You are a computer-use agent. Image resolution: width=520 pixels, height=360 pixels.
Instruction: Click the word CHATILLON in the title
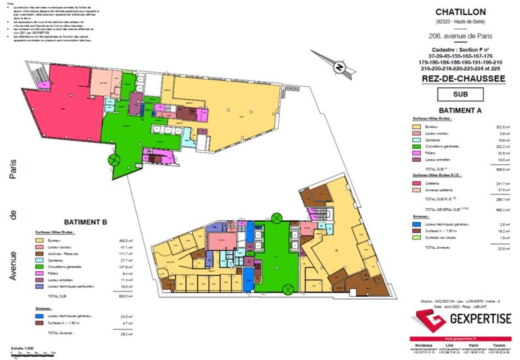tap(460, 12)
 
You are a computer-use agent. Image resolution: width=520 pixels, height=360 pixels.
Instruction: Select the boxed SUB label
tap(460, 94)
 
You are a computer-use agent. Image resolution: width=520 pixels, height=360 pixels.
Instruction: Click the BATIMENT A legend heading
tap(460, 110)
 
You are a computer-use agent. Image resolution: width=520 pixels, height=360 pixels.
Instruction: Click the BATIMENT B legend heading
tap(85, 222)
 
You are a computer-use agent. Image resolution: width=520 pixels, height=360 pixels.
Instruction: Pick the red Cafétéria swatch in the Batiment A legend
tap(416, 183)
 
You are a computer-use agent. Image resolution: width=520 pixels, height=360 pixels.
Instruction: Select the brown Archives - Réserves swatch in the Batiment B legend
tap(39, 254)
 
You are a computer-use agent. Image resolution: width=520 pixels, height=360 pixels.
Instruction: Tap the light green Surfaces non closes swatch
tap(416, 237)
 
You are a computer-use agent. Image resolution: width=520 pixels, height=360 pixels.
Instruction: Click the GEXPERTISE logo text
tap(480, 319)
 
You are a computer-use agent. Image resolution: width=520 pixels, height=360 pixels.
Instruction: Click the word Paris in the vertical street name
tap(13, 169)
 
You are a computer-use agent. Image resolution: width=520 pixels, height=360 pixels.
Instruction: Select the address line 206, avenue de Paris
tap(460, 36)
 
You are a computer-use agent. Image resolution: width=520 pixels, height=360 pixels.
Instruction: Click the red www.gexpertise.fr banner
tap(460, 338)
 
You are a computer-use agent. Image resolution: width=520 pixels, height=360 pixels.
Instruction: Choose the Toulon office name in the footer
tap(500, 345)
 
